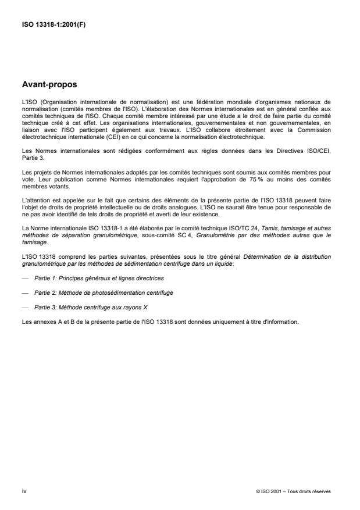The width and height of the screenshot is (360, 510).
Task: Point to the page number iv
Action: point(24,491)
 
